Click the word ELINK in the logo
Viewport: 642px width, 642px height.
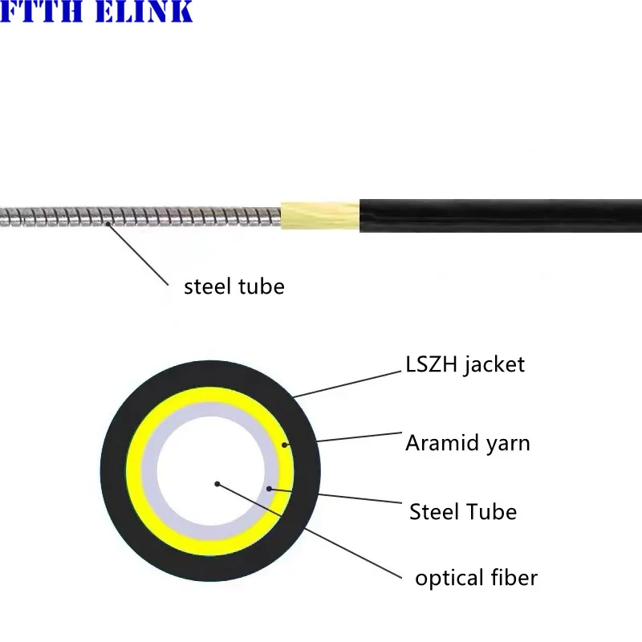pyautogui.click(x=144, y=11)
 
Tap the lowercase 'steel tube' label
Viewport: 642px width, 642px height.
pyautogui.click(x=234, y=286)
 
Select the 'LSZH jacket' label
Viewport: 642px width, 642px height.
pyautogui.click(x=465, y=364)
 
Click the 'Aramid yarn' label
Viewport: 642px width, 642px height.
pyautogui.click(x=467, y=442)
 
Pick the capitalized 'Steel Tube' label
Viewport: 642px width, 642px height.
pyautogui.click(x=462, y=511)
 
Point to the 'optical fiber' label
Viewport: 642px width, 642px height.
pyautogui.click(x=476, y=578)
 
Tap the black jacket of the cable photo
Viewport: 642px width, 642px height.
pyautogui.click(x=498, y=216)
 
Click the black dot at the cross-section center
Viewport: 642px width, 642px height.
pyautogui.click(x=217, y=484)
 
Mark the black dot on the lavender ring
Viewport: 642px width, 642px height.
pyautogui.click(x=270, y=488)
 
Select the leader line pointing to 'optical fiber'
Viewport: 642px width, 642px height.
pyautogui.click(x=321, y=538)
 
